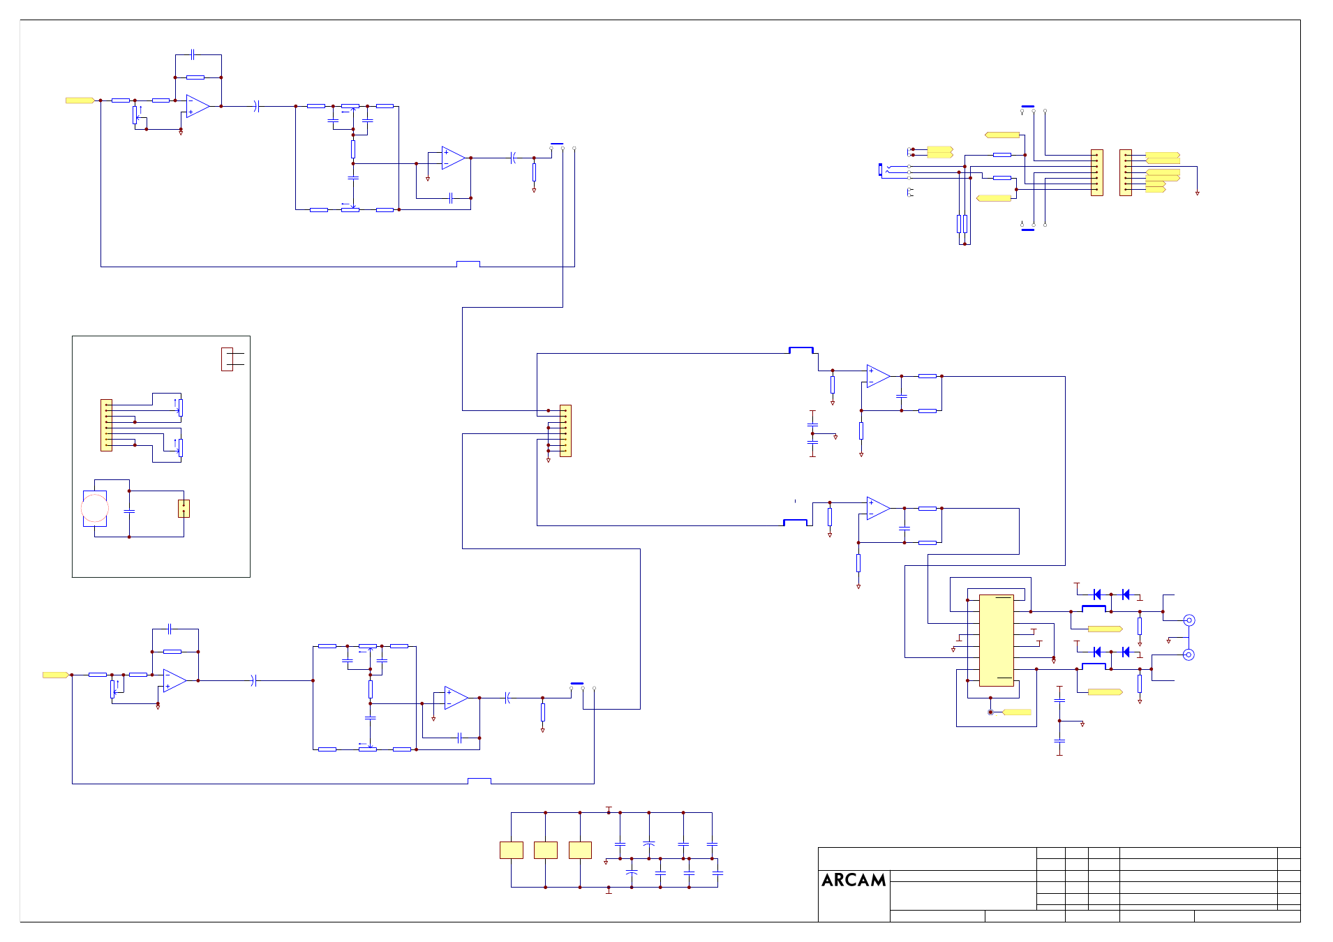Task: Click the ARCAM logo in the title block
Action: [854, 880]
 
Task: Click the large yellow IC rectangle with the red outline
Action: [996, 640]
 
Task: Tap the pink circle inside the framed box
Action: [95, 508]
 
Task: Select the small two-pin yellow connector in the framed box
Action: [184, 508]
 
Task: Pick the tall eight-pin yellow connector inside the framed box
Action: [106, 425]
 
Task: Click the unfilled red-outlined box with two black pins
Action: [227, 359]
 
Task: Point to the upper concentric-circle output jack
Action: [1189, 620]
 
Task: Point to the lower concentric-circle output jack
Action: [1189, 655]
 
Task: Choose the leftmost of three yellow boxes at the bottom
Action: [512, 850]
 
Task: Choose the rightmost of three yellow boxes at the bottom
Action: [580, 850]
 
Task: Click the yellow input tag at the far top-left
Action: [80, 100]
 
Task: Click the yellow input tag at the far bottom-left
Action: [56, 675]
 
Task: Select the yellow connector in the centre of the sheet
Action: [565, 431]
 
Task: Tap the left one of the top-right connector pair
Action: [1097, 172]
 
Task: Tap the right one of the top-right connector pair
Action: [1126, 172]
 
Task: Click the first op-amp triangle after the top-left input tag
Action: [198, 106]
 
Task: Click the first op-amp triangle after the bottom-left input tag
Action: [174, 680]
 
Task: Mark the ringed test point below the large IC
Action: [990, 712]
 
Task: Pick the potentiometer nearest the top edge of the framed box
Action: [180, 408]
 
